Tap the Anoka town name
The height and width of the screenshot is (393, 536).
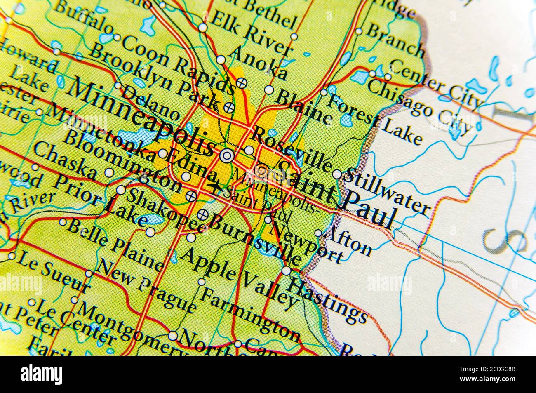tap(260, 62)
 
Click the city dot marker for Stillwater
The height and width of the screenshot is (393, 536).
tap(337, 174)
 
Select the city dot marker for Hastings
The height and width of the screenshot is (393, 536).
tap(286, 271)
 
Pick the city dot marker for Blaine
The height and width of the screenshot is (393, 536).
tap(269, 89)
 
